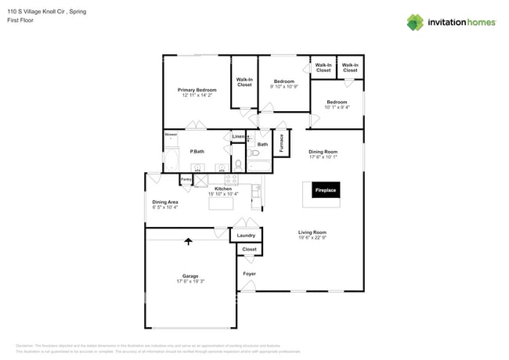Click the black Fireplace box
[x=325, y=190]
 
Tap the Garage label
[x=190, y=275]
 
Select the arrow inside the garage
[x=188, y=243]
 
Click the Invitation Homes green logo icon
[x=417, y=22]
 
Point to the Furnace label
[x=281, y=142]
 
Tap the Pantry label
[x=186, y=180]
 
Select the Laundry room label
[x=246, y=235]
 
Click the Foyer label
[x=249, y=274]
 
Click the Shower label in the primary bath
[x=171, y=135]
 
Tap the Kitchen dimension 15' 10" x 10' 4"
[x=223, y=193]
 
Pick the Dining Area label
[x=164, y=202]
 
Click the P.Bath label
[x=197, y=151]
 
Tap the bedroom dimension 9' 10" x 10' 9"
[x=283, y=86]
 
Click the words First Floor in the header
[x=21, y=20]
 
